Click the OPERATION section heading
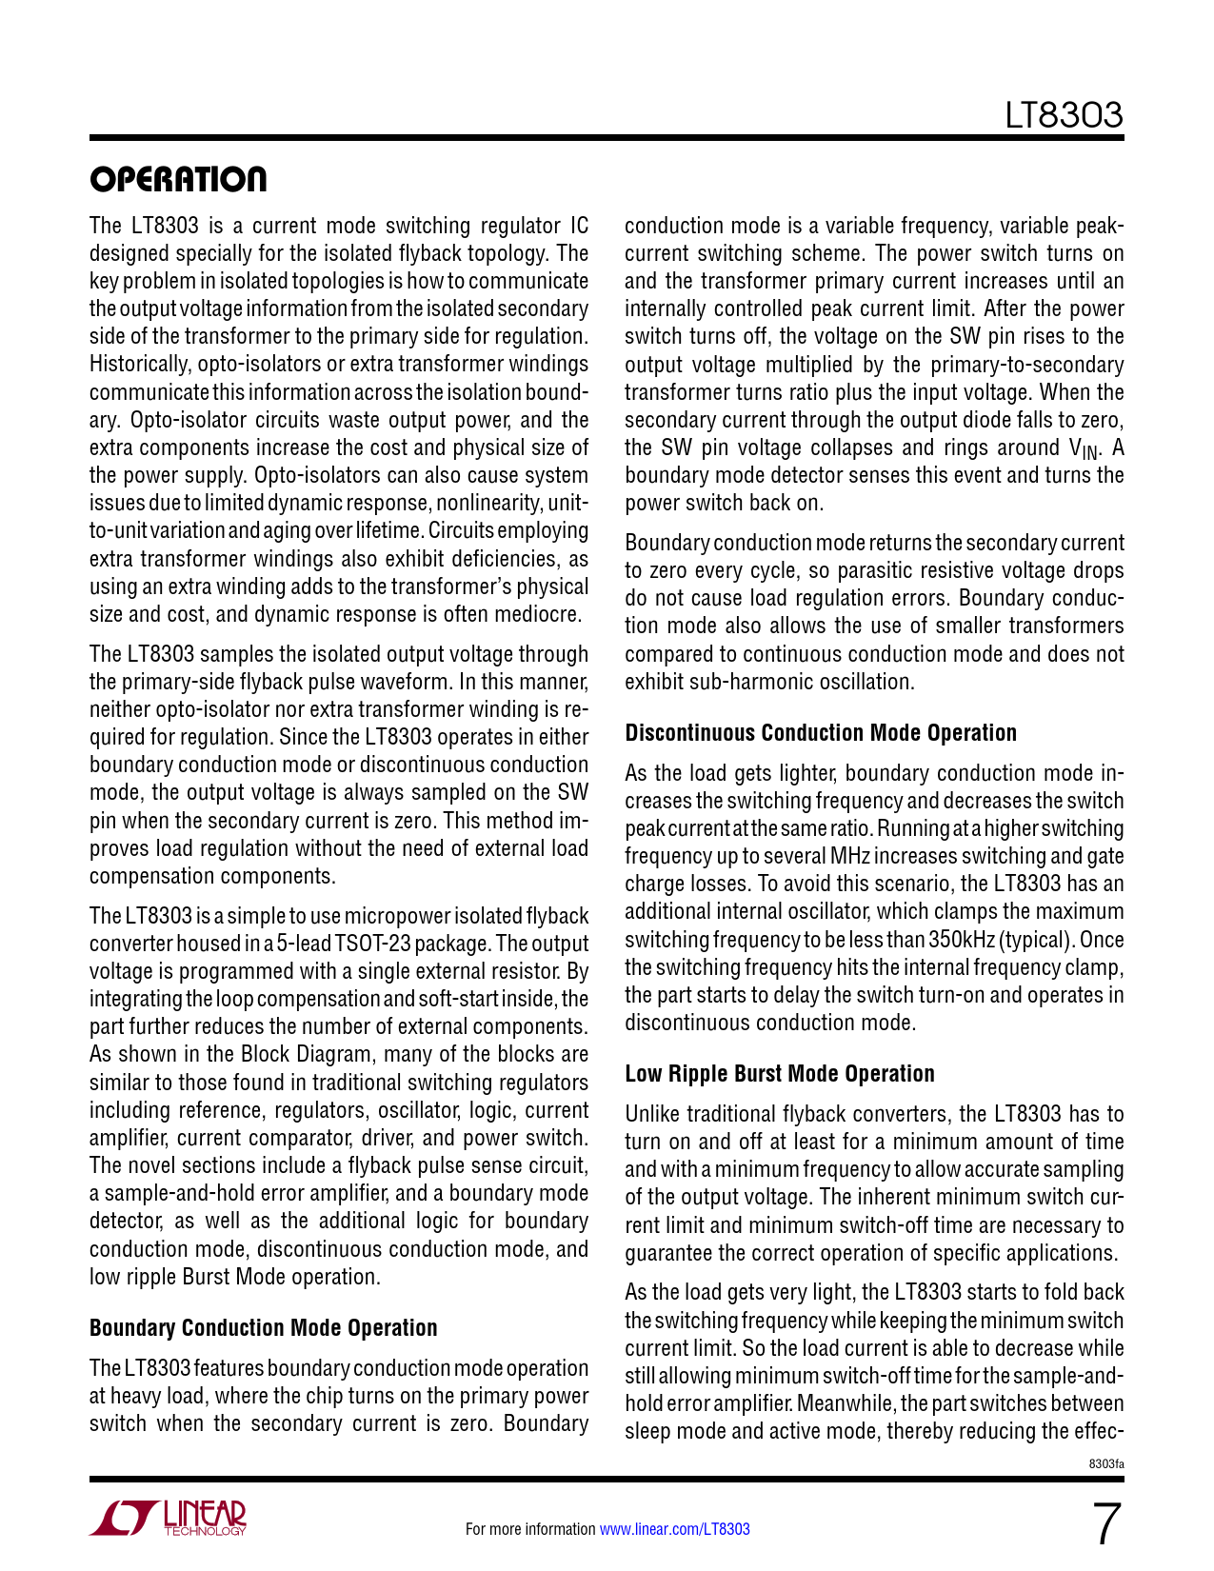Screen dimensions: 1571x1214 coord(178,179)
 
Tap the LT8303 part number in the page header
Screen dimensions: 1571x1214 coord(1065,115)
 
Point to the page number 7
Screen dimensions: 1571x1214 coord(1105,1524)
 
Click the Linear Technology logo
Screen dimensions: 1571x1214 coord(169,1518)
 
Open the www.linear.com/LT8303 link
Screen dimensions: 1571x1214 coord(674,1529)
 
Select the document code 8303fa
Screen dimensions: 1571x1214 coord(1106,1462)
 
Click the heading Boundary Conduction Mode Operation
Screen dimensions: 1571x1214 coord(263,1328)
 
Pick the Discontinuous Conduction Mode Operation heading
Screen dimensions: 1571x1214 coord(820,733)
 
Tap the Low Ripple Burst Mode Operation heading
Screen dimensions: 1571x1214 coord(779,1074)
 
